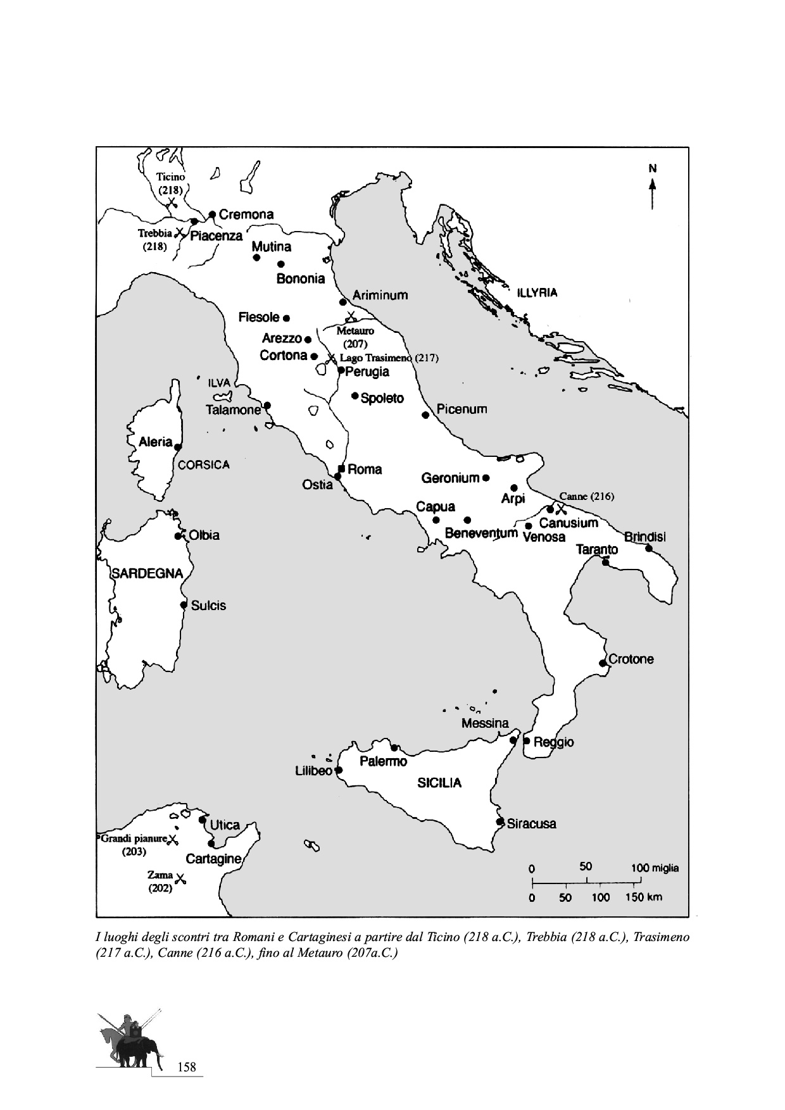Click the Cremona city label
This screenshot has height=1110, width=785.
point(246,215)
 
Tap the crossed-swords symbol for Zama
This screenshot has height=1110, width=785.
point(180,878)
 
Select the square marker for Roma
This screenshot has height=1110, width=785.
point(342,468)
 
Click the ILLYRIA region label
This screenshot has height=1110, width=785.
point(537,293)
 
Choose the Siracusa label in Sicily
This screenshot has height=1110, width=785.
point(531,824)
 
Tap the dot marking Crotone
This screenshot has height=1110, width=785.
point(602,663)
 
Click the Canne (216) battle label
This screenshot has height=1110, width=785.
point(586,497)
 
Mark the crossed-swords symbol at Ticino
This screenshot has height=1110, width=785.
point(170,204)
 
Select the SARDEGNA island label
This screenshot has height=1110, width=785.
point(148,573)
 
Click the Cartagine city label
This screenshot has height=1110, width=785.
point(213,859)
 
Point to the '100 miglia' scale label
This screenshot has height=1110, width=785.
point(655,868)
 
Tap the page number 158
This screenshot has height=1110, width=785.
point(187,1068)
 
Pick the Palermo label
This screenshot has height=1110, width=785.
point(383,761)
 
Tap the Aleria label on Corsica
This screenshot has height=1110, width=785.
point(156,442)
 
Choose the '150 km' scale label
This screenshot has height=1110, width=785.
point(643,897)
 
